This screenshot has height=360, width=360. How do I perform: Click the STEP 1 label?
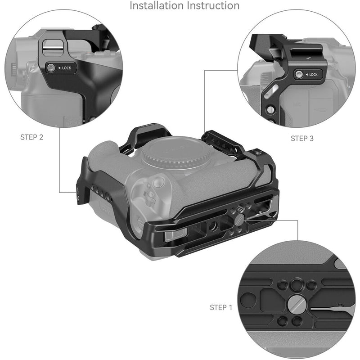click(x=221, y=308)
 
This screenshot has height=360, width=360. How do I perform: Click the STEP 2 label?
click(x=32, y=137)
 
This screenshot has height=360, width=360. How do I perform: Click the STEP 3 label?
click(x=302, y=139)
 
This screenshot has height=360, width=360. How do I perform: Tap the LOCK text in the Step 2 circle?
click(x=67, y=68)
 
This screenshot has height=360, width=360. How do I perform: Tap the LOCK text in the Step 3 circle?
click(x=312, y=74)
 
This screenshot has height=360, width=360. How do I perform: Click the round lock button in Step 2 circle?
click(x=51, y=68)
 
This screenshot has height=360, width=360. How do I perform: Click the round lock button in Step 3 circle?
click(x=299, y=75)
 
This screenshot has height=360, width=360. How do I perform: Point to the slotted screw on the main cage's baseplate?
click(x=240, y=219)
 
